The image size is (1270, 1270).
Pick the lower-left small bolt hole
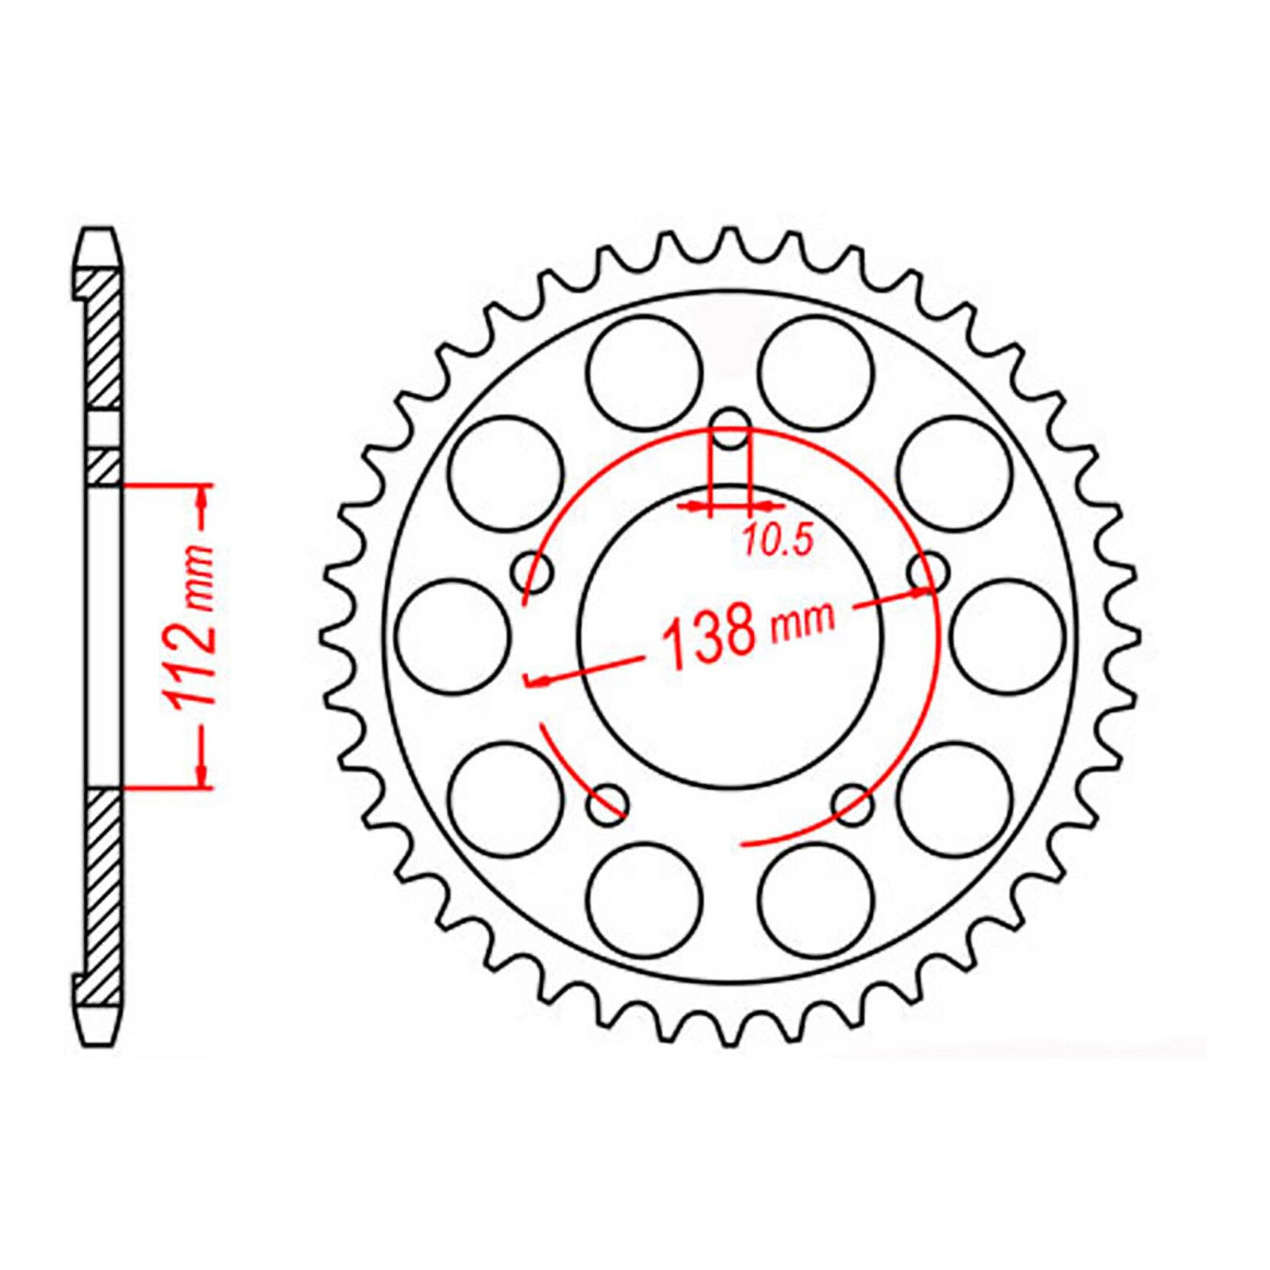coord(607,803)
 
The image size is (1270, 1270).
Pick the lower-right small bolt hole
coord(852,803)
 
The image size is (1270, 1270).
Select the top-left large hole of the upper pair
coord(646,371)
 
